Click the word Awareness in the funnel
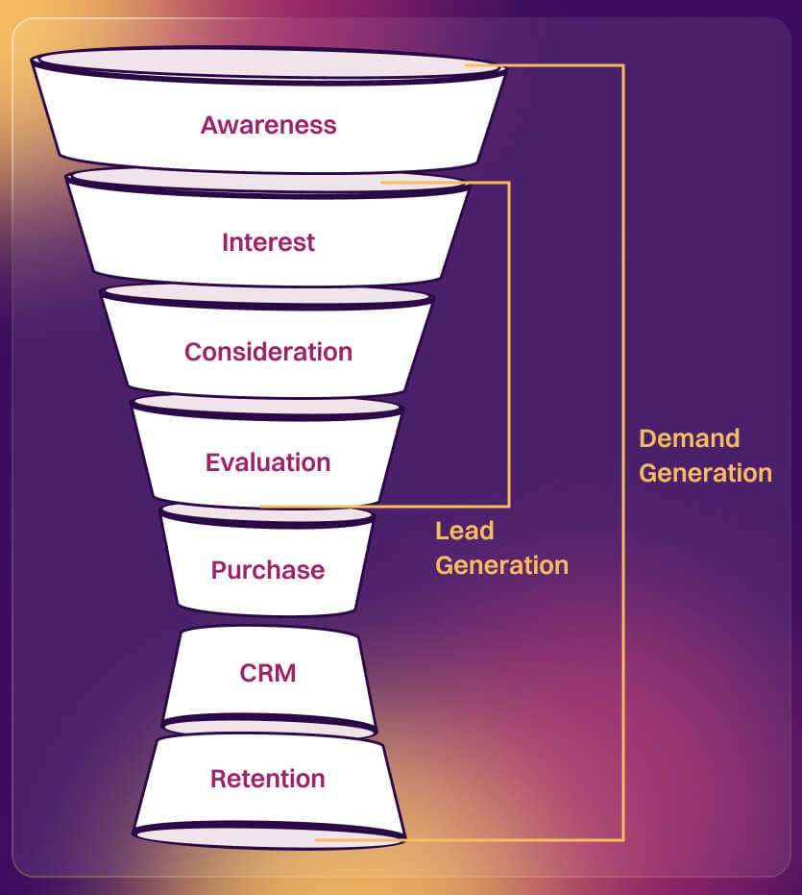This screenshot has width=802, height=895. pyautogui.click(x=268, y=125)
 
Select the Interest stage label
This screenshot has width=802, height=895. pyautogui.click(x=268, y=242)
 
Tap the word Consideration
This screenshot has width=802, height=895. pyautogui.click(x=268, y=352)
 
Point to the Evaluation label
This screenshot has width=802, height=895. pyautogui.click(x=268, y=462)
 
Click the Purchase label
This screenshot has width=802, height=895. pyautogui.click(x=268, y=570)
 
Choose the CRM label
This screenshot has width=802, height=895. pyautogui.click(x=268, y=673)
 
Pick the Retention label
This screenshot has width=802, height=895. pyautogui.click(x=268, y=779)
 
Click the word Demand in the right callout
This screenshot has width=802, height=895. pyautogui.click(x=689, y=438)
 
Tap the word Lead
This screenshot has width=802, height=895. pyautogui.click(x=464, y=531)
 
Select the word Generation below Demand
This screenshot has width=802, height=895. pyautogui.click(x=705, y=473)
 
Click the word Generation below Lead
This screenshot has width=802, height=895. pyautogui.click(x=501, y=565)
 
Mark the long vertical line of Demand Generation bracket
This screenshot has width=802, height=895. pyautogui.click(x=623, y=288)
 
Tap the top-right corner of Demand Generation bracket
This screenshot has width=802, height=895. pyautogui.click(x=623, y=65)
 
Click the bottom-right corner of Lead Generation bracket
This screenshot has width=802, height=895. pyautogui.click(x=508, y=506)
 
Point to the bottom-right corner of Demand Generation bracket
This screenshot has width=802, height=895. pyautogui.click(x=623, y=839)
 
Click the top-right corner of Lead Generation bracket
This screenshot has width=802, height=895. pyautogui.click(x=508, y=183)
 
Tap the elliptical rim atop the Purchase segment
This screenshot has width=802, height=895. pyautogui.click(x=266, y=515)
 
